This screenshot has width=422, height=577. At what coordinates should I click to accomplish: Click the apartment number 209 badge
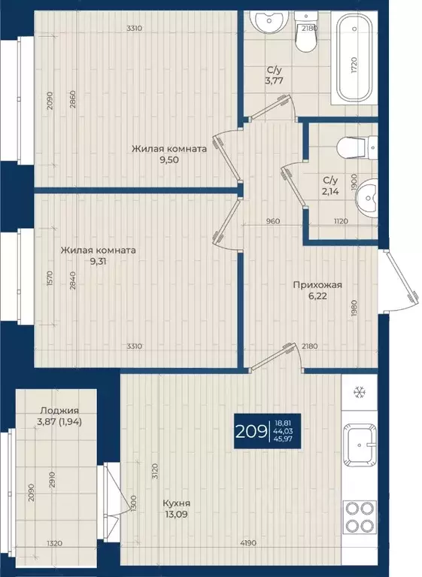click(268, 431)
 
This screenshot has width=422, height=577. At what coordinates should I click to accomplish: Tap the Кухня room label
click(177, 503)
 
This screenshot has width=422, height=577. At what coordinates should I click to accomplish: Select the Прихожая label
click(317, 285)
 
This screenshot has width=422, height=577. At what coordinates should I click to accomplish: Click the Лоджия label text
click(59, 410)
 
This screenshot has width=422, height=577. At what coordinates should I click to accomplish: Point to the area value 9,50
click(169, 160)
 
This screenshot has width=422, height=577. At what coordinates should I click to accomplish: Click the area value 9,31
click(98, 261)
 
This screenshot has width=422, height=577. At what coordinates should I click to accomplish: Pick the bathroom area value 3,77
click(274, 80)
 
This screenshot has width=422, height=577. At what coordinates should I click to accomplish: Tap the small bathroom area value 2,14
click(330, 191)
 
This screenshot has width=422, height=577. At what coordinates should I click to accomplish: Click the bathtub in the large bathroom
click(354, 59)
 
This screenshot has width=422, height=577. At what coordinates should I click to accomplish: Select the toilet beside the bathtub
click(306, 32)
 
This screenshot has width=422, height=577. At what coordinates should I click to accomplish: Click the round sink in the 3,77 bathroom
click(268, 22)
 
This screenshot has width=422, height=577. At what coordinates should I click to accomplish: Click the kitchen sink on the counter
click(360, 445)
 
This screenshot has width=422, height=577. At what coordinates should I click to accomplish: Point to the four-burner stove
click(360, 517)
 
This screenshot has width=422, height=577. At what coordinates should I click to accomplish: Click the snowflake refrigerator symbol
click(359, 393)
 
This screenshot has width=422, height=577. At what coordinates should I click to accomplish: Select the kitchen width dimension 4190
click(248, 543)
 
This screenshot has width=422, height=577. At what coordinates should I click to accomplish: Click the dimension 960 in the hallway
click(273, 221)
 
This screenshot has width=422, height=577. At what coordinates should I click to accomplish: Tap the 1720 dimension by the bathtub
click(354, 65)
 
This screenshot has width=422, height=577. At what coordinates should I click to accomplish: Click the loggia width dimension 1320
click(54, 543)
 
